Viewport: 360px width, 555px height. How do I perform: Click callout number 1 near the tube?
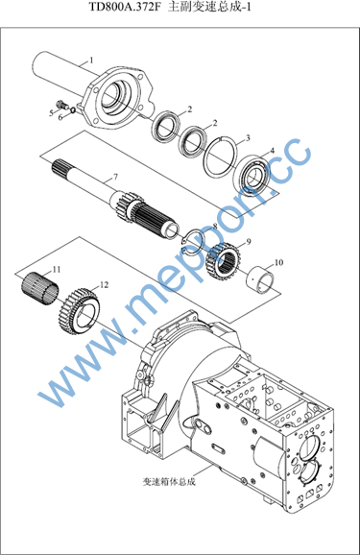point(91,60)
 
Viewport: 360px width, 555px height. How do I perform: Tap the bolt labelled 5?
point(62,105)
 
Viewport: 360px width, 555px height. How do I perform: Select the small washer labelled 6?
point(73,109)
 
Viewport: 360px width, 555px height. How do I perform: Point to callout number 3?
point(248,138)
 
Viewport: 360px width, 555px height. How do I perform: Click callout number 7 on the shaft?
point(115,177)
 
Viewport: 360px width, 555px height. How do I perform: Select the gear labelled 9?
point(224,261)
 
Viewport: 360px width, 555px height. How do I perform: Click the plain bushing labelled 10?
point(260,278)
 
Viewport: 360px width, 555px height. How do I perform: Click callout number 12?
point(104,284)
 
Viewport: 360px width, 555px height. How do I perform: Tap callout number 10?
point(279,263)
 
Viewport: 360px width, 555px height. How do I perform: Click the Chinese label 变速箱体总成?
point(169,481)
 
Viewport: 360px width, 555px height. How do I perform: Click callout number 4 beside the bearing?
point(272,151)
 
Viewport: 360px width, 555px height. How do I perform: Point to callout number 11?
point(57,270)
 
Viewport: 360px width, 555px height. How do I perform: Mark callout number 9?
point(249,241)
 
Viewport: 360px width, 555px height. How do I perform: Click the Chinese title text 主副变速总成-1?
point(209,7)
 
